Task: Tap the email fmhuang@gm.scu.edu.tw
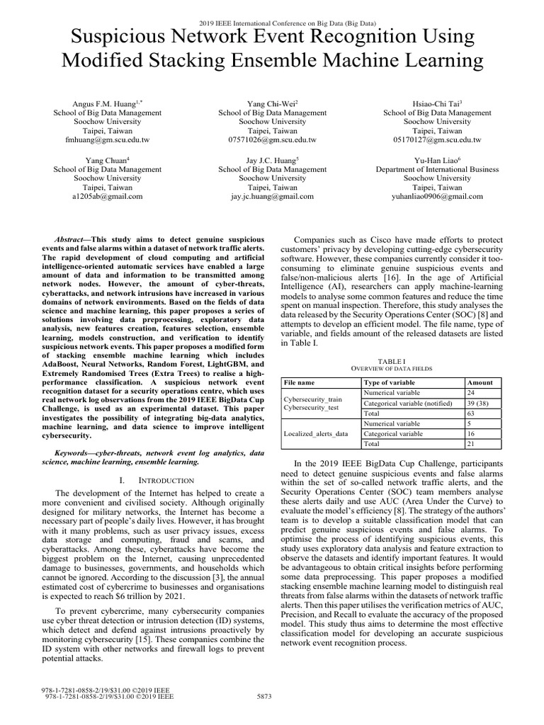(x=108, y=140)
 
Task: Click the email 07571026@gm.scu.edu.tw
(x=272, y=140)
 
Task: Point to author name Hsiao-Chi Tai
(x=436, y=103)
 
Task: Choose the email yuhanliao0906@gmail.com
(x=437, y=197)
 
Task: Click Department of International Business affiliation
(x=437, y=169)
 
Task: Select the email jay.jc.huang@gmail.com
(x=272, y=197)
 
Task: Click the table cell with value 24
(x=471, y=392)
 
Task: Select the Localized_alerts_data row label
(x=316, y=433)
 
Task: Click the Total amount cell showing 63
(x=471, y=413)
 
